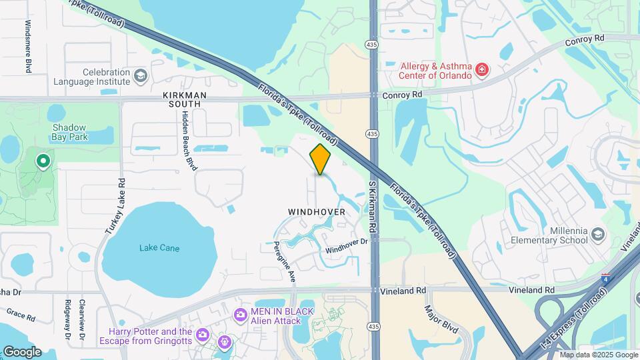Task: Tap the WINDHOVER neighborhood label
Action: (x=317, y=212)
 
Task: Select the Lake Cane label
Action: (x=159, y=248)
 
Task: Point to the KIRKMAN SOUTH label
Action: (x=185, y=100)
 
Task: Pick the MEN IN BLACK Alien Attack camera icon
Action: (x=240, y=314)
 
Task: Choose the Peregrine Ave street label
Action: (x=292, y=257)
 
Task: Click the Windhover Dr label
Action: (x=347, y=246)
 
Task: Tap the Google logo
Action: (x=21, y=351)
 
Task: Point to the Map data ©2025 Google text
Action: (x=598, y=355)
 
